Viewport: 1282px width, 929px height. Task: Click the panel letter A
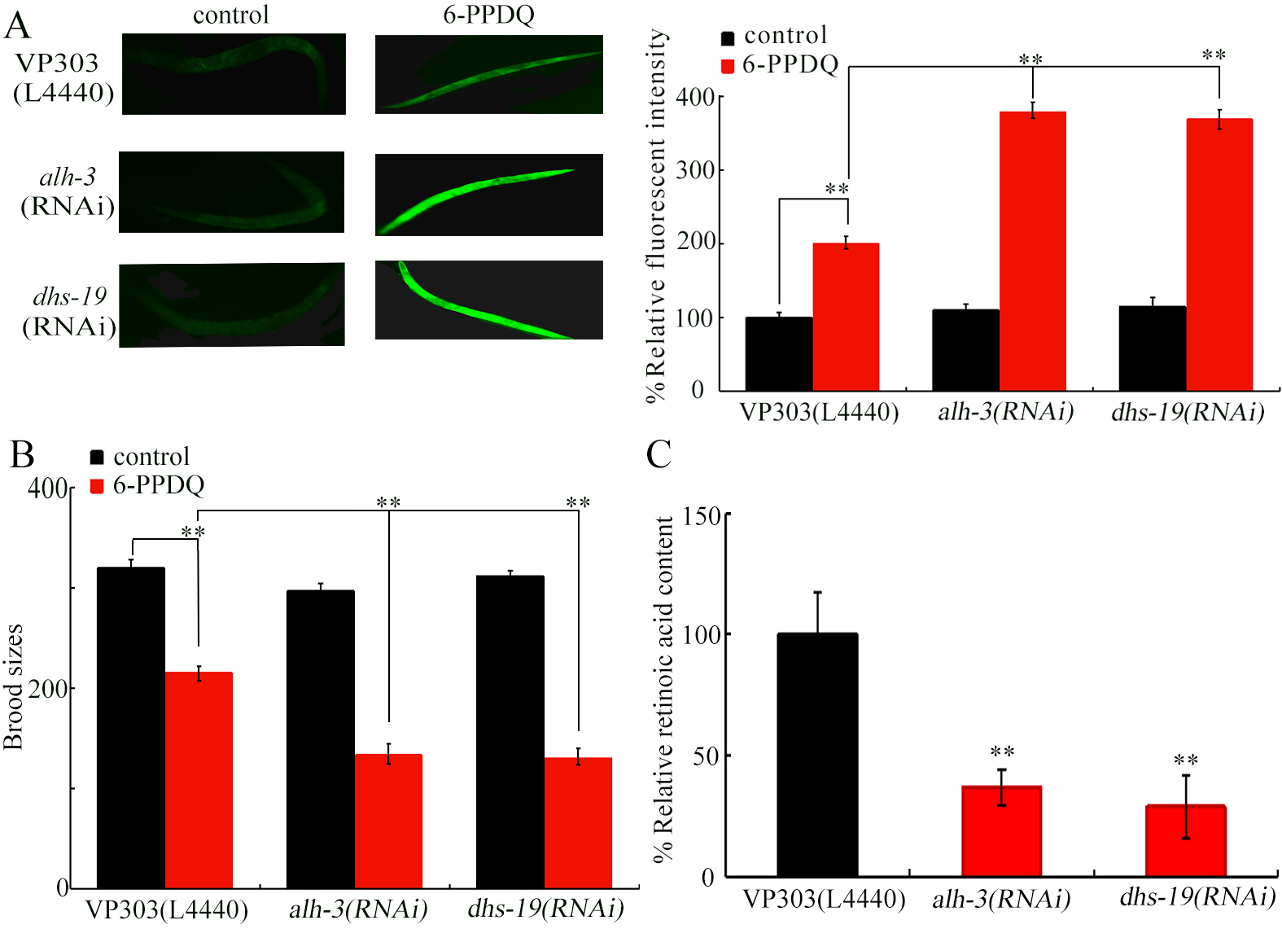click(18, 25)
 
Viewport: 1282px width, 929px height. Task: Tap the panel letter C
click(659, 454)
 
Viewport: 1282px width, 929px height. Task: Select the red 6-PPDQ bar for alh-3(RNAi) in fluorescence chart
click(1032, 252)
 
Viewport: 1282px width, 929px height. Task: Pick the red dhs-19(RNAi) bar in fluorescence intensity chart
click(1219, 256)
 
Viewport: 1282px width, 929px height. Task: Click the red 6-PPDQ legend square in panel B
click(97, 486)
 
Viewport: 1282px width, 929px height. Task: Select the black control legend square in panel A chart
click(728, 37)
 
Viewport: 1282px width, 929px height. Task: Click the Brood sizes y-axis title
click(13, 686)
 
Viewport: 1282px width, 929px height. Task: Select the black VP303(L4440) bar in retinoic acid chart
click(816, 755)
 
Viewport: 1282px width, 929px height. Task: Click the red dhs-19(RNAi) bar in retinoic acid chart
click(1185, 840)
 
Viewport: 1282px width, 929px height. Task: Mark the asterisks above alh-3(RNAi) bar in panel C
click(1001, 752)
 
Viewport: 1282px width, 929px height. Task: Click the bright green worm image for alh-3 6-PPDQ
click(488, 195)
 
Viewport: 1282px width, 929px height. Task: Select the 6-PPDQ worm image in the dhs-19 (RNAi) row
click(488, 300)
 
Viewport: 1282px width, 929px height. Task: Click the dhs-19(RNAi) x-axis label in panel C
click(1196, 897)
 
